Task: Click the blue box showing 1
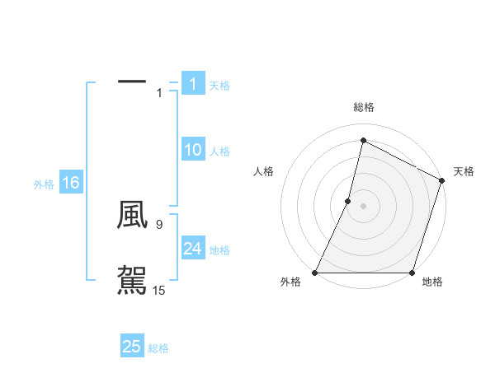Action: pyautogui.click(x=192, y=83)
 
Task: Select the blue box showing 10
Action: pyautogui.click(x=192, y=150)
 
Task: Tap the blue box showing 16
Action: pyautogui.click(x=70, y=183)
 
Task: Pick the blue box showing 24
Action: pyautogui.click(x=192, y=249)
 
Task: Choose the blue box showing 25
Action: pyautogui.click(x=131, y=347)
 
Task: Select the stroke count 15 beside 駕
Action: pyautogui.click(x=159, y=290)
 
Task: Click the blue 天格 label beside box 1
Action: pyautogui.click(x=219, y=85)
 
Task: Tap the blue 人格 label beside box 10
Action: pyautogui.click(x=219, y=152)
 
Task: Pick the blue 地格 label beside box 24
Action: pyautogui.click(x=219, y=250)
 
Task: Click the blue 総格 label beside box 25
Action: pyautogui.click(x=158, y=348)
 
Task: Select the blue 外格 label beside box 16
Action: pyautogui.click(x=44, y=184)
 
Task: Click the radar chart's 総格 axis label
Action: pyautogui.click(x=364, y=107)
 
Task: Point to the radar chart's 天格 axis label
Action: pyautogui.click(x=464, y=171)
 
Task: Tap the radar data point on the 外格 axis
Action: pyautogui.click(x=316, y=273)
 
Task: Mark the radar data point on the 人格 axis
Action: pyautogui.click(x=348, y=201)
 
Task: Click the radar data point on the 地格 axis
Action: pyautogui.click(x=412, y=273)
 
